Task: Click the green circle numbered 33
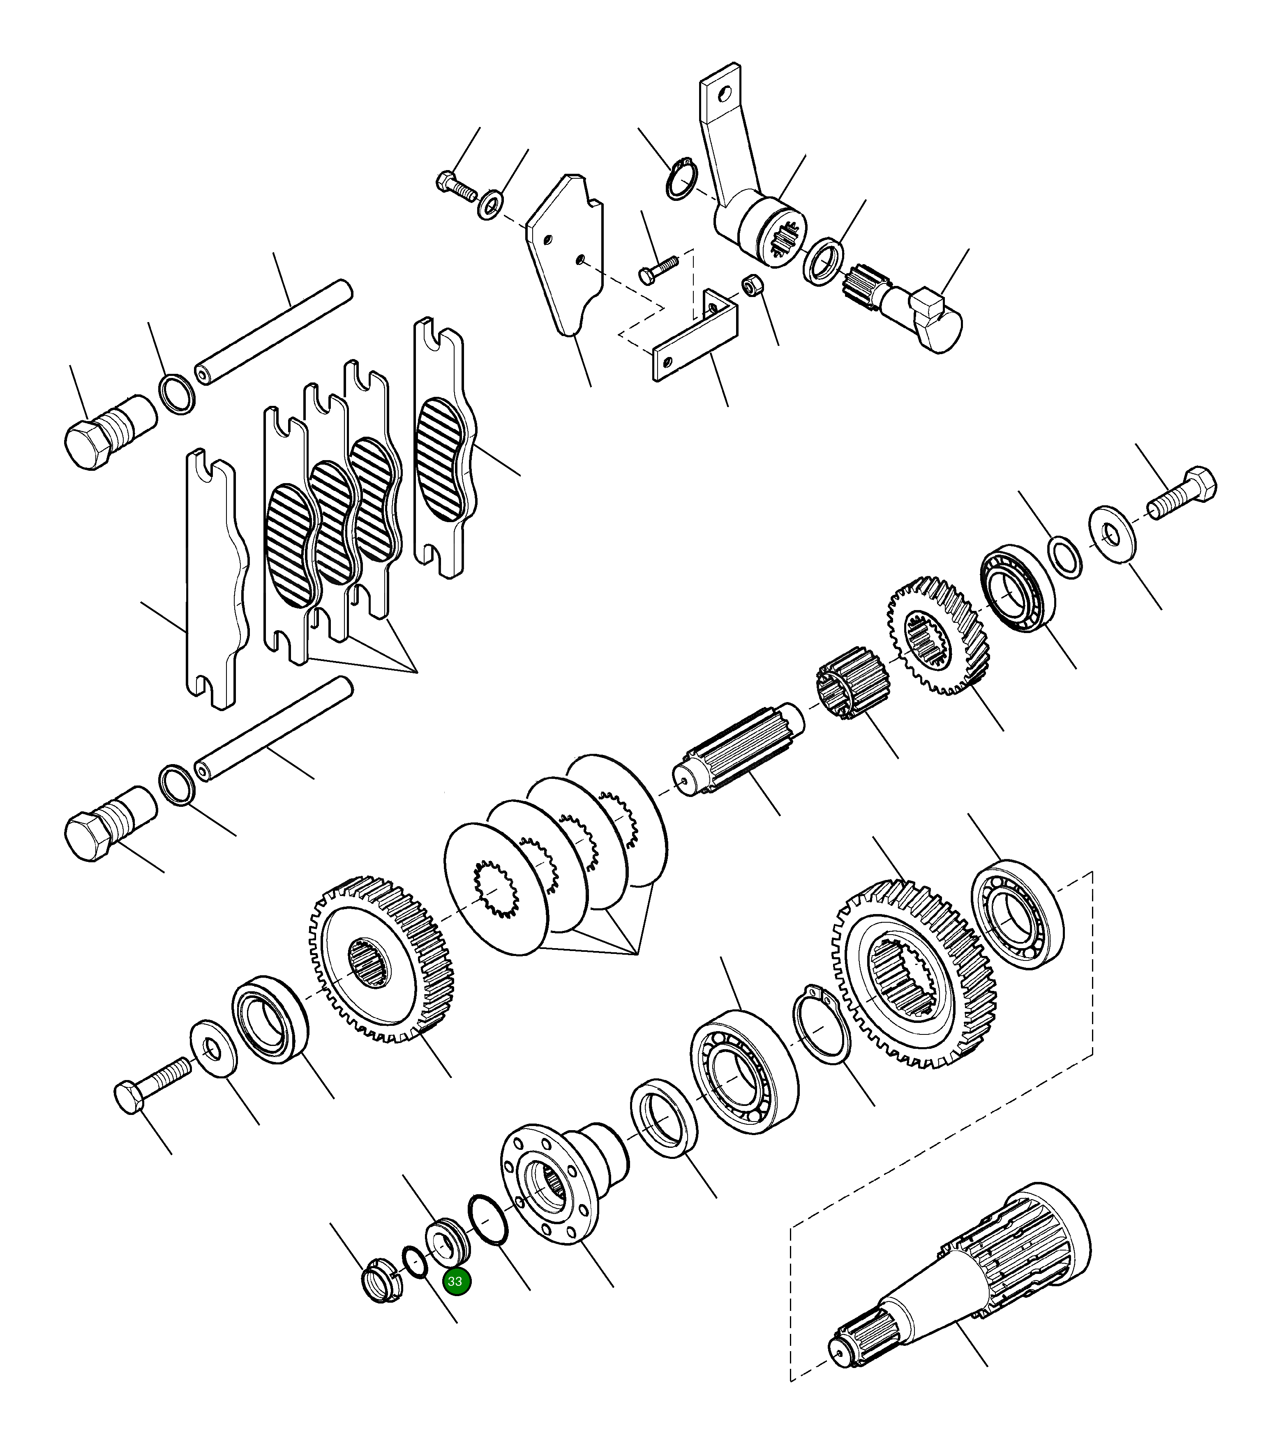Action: point(456,1281)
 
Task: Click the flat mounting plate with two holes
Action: point(565,254)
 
